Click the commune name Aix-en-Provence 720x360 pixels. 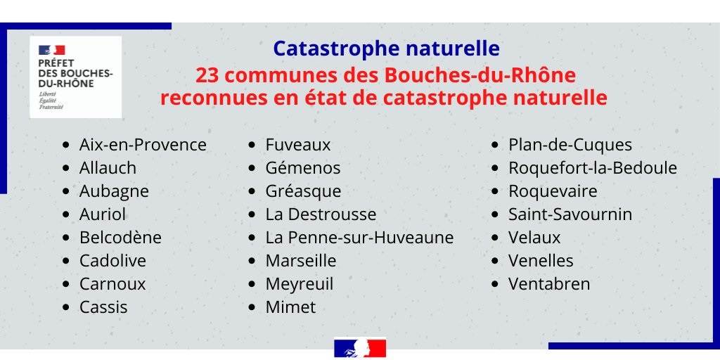[x=143, y=145]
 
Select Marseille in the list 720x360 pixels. [x=301, y=261]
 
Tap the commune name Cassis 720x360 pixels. [x=103, y=307]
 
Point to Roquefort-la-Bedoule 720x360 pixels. [x=592, y=168]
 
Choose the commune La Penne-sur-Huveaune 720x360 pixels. [x=359, y=238]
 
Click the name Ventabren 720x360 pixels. [x=548, y=284]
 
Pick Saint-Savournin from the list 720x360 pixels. [x=570, y=214]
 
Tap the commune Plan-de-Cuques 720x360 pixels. [x=570, y=145]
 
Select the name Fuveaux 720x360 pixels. [x=298, y=145]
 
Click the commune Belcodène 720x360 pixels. [x=120, y=238]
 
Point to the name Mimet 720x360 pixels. [x=290, y=307]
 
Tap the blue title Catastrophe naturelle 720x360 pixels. [x=386, y=49]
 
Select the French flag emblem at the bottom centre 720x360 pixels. [x=360, y=349]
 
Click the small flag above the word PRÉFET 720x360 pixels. [x=52, y=50]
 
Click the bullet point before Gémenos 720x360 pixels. [x=252, y=169]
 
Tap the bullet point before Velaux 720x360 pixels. [x=494, y=238]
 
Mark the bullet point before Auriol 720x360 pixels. [x=67, y=214]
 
